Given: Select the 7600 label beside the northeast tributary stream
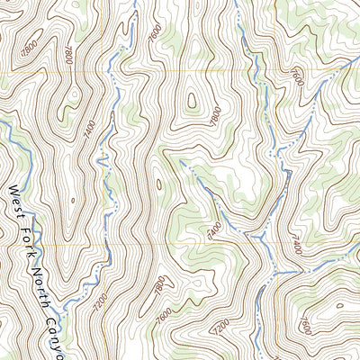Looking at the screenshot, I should [299, 79].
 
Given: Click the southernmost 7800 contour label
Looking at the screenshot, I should [159, 289].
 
